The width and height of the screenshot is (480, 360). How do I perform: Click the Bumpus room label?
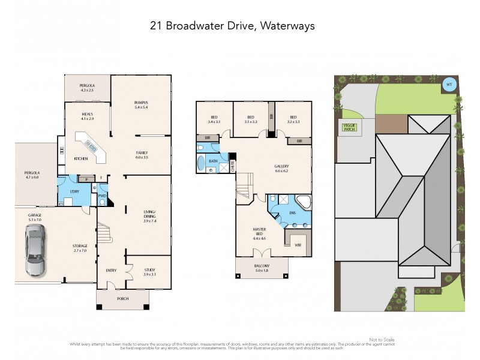[141, 105]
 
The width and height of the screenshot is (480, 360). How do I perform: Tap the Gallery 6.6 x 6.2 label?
[281, 168]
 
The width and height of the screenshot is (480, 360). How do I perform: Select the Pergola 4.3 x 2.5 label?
[88, 88]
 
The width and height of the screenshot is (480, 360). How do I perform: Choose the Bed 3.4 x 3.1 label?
[214, 119]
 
